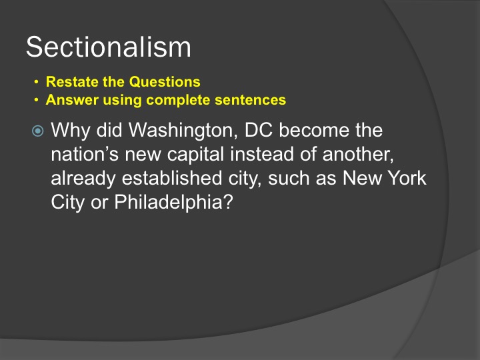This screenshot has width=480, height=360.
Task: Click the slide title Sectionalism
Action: (109, 47)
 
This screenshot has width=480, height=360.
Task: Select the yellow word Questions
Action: (165, 82)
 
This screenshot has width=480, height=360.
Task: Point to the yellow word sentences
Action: (250, 100)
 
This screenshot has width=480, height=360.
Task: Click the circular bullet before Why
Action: (37, 131)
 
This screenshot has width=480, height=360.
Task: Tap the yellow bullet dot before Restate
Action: (37, 82)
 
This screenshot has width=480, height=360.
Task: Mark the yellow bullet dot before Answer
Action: (37, 100)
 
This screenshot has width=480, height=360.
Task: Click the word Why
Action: (70, 131)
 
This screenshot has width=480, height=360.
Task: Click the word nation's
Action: (85, 154)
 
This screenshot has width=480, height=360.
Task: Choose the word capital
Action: (195, 155)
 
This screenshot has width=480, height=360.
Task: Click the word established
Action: (172, 178)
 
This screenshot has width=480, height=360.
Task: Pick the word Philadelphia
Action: (173, 203)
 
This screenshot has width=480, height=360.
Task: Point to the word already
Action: (83, 179)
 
